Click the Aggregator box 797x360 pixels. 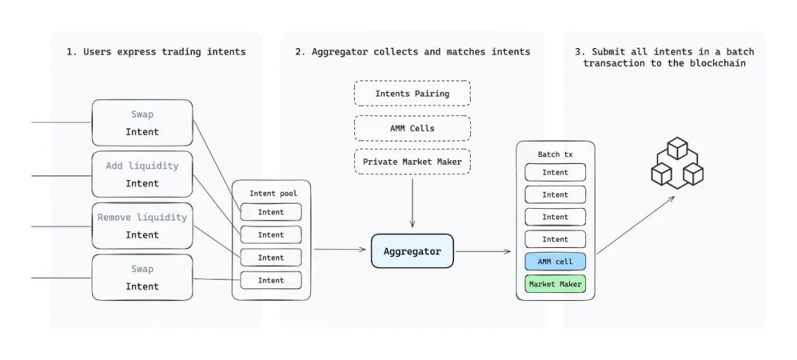(412, 252)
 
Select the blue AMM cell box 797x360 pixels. (555, 262)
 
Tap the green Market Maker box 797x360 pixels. (555, 284)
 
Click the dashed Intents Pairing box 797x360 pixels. (412, 94)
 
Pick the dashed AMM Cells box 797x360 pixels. (412, 128)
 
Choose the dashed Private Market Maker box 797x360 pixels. (412, 162)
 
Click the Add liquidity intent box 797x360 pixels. (142, 174)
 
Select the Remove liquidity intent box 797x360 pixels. (142, 226)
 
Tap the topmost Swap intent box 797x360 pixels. (142, 123)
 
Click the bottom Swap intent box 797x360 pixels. (142, 277)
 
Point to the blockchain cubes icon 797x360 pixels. (677, 165)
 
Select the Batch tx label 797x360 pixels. (555, 154)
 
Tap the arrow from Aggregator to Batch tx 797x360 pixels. (483, 252)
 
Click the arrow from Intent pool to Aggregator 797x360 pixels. (341, 249)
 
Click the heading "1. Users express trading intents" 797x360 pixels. (156, 52)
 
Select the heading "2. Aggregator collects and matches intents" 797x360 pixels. (412, 52)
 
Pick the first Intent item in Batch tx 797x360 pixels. (555, 173)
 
